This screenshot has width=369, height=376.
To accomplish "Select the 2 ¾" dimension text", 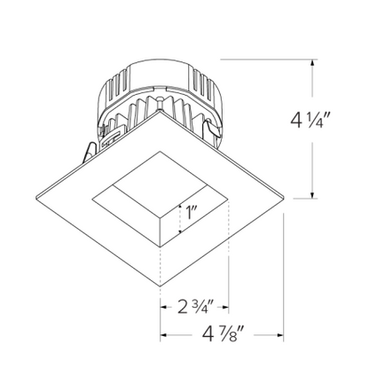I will (194, 309).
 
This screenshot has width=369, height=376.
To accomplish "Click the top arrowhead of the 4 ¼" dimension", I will (311, 62).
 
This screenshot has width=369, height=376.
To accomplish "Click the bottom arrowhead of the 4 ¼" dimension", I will (311, 195).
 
